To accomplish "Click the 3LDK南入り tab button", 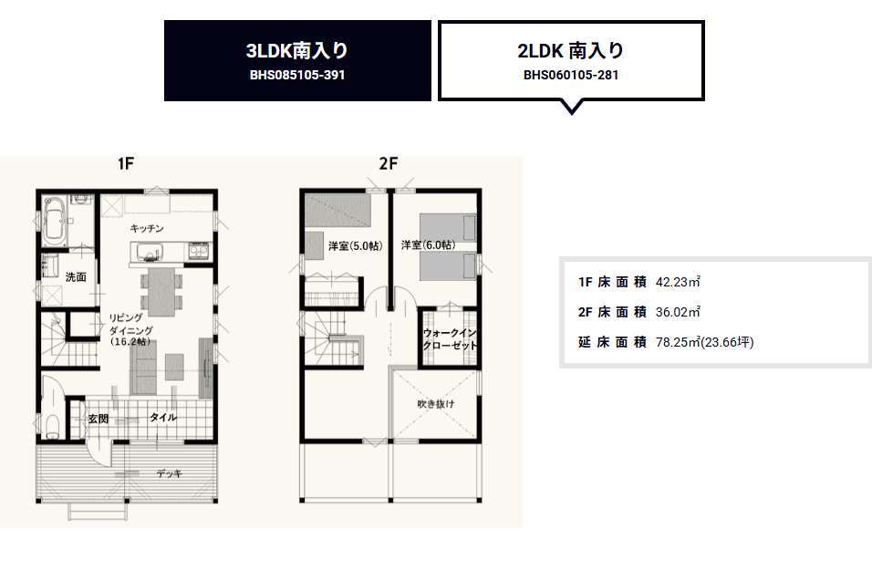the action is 297,60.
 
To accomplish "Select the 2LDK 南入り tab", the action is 571,60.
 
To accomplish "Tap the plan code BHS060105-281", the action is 571,75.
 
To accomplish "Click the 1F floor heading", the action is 126,163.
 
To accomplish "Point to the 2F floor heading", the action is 389,163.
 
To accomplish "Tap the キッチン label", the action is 147,228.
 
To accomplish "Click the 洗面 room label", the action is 76,276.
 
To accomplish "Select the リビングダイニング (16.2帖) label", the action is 130,329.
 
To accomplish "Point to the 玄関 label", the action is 98,419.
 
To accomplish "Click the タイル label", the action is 162,417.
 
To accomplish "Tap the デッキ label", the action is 169,473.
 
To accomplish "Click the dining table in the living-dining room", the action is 161,292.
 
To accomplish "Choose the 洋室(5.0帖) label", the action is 356,245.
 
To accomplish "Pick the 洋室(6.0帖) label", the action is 428,244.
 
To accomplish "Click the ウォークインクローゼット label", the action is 450,338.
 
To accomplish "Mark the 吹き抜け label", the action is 436,404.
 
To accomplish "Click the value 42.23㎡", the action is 678,282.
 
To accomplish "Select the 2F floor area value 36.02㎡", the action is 678,312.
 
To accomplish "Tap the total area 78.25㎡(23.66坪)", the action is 704,342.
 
